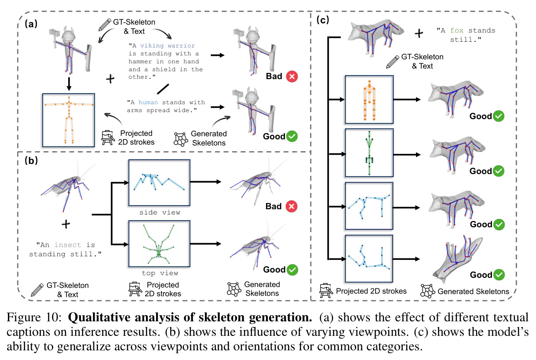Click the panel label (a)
[31, 24]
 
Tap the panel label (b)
[31, 160]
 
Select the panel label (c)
[323, 20]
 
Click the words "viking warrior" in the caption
[168, 46]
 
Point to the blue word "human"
[148, 102]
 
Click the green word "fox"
[456, 31]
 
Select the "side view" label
[160, 212]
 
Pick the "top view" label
[160, 273]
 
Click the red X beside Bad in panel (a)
[292, 76]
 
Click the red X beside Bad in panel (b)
[292, 207]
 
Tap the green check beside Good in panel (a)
[292, 136]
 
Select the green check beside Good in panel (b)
[292, 270]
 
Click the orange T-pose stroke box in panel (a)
[69, 120]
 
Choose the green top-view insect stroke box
[159, 244]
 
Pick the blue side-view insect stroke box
[159, 183]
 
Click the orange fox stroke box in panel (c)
[369, 99]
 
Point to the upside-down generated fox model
[457, 259]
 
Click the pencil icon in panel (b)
[37, 290]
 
